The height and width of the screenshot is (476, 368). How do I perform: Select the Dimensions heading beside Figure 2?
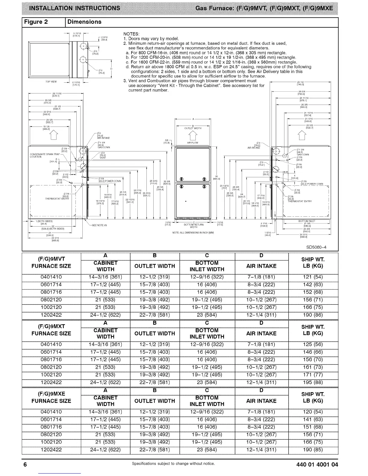[x=84, y=22]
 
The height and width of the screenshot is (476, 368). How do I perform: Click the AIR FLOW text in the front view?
[x=193, y=143]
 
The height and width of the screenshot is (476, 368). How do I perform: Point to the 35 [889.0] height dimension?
[x=216, y=177]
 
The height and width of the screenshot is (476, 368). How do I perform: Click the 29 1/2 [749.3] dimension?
[x=301, y=84]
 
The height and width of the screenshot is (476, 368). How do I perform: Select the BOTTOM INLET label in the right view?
[x=307, y=221]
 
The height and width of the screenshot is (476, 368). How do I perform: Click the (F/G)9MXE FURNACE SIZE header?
[x=51, y=397]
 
